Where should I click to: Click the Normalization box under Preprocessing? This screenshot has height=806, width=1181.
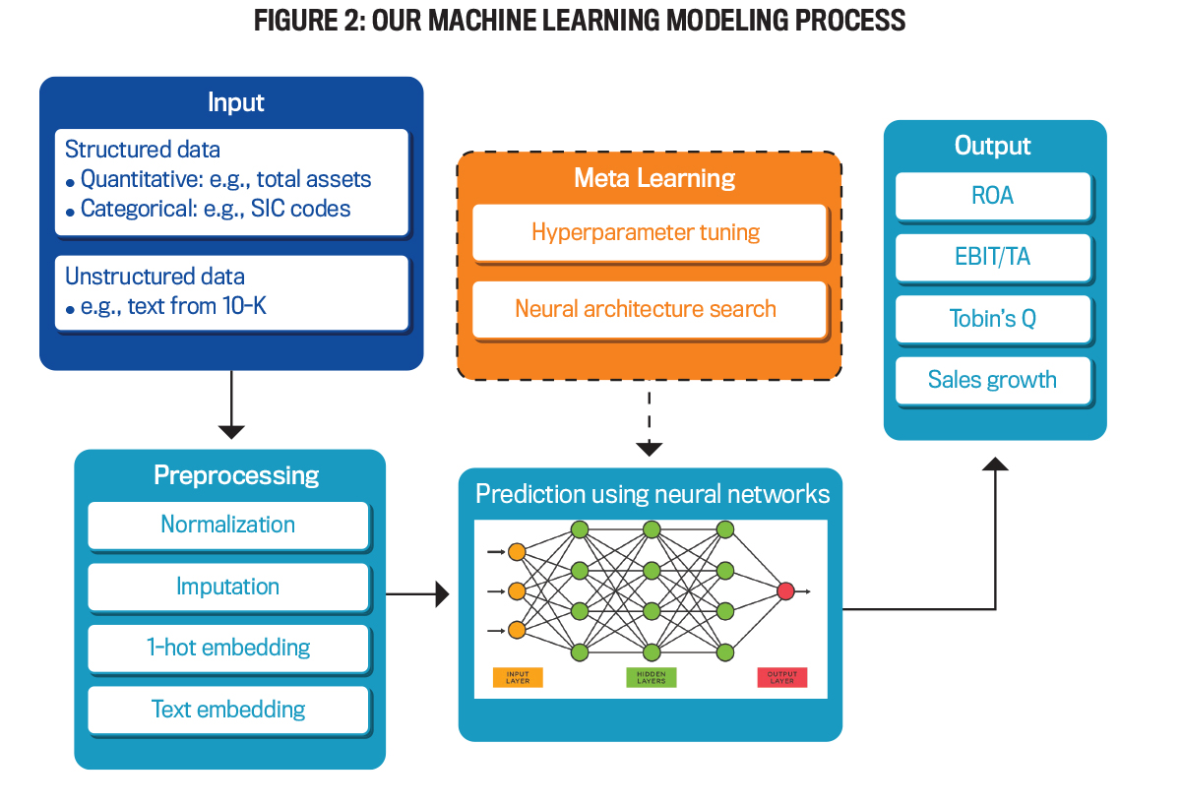pos(228,526)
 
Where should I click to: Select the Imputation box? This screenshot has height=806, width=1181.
pos(228,588)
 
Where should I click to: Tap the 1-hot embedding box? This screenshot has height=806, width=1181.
pos(228,649)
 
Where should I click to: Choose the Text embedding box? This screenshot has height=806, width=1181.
pos(228,710)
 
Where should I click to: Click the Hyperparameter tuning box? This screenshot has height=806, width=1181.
pos(647,232)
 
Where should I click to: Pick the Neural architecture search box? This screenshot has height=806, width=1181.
pos(647,309)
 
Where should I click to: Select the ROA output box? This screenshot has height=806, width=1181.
pos(992,196)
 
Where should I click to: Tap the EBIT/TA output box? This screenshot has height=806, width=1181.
pos(992,258)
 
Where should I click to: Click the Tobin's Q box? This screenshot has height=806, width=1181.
pos(992,319)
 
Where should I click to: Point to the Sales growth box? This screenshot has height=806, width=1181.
pos(992,380)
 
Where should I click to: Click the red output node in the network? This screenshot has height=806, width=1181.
pos(784,591)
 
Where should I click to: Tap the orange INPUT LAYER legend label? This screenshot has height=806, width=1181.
pos(518,678)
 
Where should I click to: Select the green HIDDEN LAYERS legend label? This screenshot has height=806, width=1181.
pos(651,678)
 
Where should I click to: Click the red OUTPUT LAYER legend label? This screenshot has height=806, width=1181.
pos(782,678)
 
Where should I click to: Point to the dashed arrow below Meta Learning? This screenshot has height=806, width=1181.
pos(649,423)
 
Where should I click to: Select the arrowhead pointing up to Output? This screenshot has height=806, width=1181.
pos(995,464)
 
